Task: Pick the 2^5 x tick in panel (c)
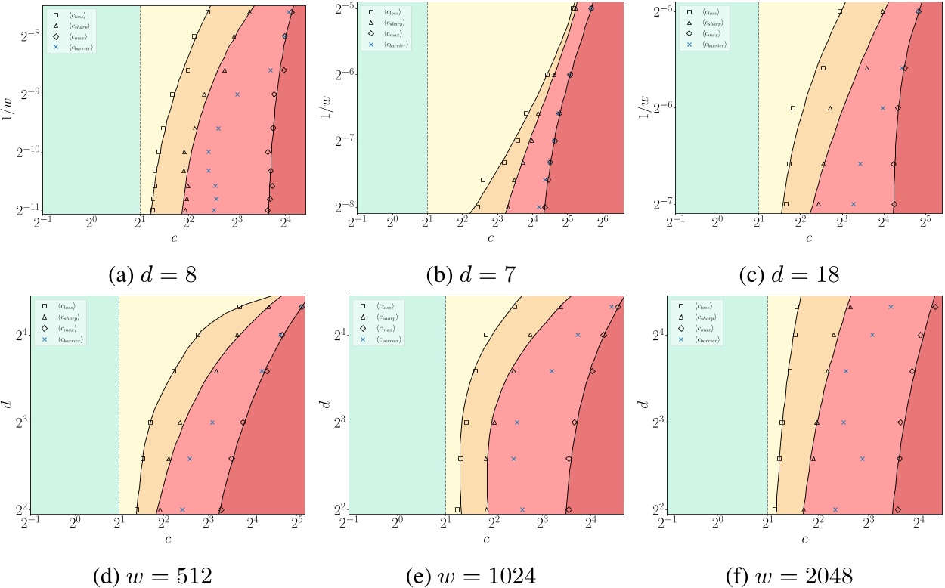tap(925, 224)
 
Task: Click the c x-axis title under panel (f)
tap(804, 539)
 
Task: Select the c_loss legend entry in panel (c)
tap(707, 12)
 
